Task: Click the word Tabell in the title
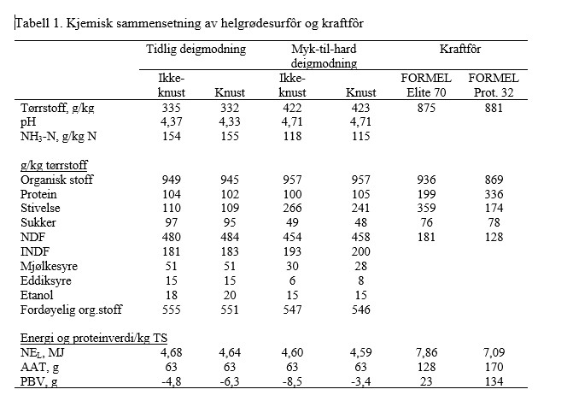point(32,23)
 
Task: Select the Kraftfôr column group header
point(460,49)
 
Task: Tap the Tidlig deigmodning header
point(196,50)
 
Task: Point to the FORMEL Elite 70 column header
point(426,86)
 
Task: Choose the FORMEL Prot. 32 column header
point(494,86)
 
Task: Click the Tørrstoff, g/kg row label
point(57,109)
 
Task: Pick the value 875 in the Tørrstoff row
point(426,108)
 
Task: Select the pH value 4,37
point(171,122)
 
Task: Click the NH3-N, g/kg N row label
point(58,137)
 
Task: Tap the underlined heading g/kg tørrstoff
point(54,165)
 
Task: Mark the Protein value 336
point(494,194)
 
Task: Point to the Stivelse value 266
point(292,209)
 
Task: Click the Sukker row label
point(38,222)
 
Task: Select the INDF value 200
point(360,251)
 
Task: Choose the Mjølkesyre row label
point(49,267)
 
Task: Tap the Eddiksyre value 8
point(360,280)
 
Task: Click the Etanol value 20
point(230,295)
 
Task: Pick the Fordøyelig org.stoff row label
point(71,310)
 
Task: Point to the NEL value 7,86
point(426,352)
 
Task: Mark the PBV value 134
point(494,381)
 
